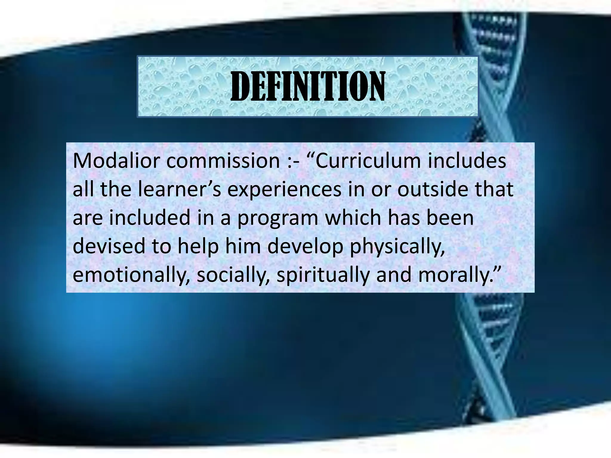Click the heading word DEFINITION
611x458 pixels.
click(x=308, y=86)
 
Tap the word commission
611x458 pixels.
click(x=223, y=161)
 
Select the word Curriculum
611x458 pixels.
click(x=368, y=161)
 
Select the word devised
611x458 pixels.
click(x=109, y=246)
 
